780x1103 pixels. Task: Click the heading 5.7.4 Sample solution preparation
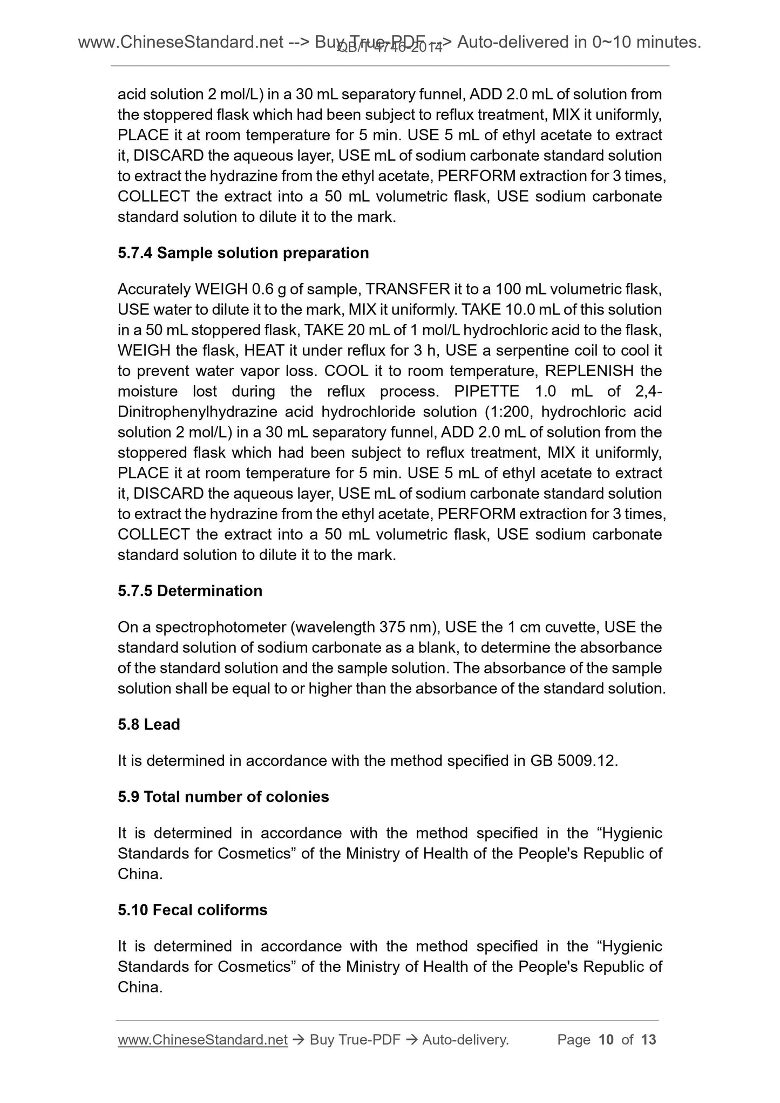tap(243, 253)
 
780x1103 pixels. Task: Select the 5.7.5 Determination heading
tap(189, 590)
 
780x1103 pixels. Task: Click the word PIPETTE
tap(486, 391)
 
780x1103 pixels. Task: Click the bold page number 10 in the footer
tap(606, 1039)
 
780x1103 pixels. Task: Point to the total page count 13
tap(648, 1039)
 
